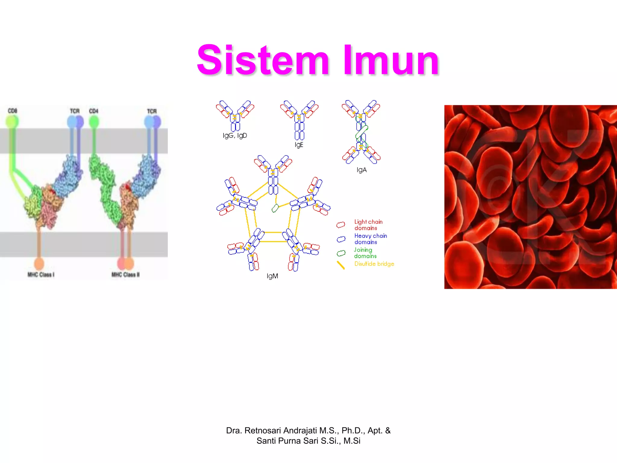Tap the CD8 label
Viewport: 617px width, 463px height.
12,111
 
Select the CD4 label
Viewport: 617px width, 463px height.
94,111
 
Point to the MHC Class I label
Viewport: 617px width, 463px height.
41,275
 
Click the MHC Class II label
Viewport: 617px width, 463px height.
126,275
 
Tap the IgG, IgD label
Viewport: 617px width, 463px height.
235,136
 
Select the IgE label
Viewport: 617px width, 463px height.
299,145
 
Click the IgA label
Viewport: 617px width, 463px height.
362,170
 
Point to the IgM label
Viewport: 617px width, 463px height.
272,276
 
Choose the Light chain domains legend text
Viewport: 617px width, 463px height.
368,225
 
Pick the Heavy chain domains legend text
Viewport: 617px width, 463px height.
370,239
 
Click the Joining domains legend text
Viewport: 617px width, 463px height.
365,253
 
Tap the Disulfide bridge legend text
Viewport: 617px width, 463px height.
374,264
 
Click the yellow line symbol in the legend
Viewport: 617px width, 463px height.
341,265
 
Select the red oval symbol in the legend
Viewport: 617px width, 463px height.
341,225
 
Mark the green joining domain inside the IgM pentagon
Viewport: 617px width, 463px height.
275,208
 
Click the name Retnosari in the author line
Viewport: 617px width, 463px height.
262,430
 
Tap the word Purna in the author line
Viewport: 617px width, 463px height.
290,441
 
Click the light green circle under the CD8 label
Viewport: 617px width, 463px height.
12,121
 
